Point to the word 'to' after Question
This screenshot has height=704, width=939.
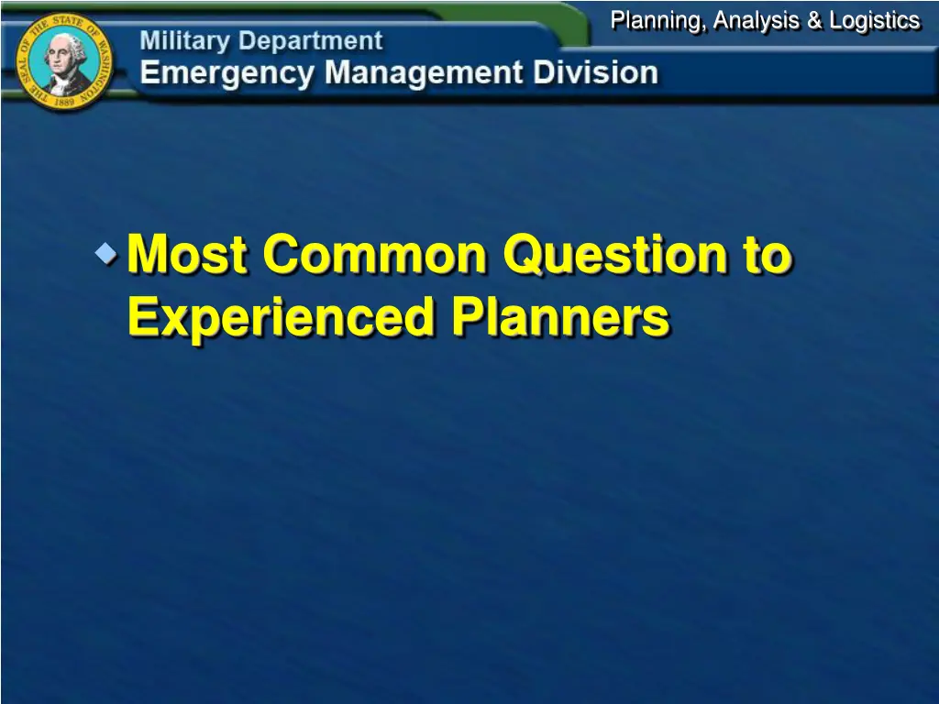click(767, 255)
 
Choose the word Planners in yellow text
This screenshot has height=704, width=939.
click(560, 318)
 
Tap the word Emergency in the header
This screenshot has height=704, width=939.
click(226, 73)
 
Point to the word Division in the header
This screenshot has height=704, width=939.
click(598, 73)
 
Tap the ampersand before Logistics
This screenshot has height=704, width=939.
click(814, 20)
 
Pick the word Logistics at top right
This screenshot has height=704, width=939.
click(874, 20)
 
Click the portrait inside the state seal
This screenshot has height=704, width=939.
click(64, 60)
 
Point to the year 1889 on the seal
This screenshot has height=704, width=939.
click(64, 102)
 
